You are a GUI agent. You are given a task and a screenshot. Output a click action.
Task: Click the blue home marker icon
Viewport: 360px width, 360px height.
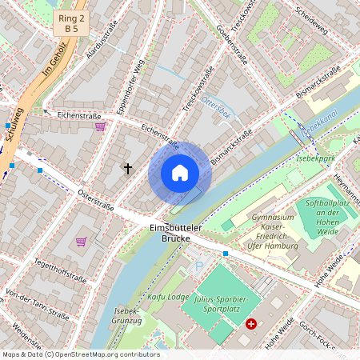click(180, 172)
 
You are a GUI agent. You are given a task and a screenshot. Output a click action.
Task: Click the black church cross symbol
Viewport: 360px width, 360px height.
click(126, 168)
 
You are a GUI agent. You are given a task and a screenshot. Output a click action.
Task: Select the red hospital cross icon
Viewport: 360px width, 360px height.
click(252, 324)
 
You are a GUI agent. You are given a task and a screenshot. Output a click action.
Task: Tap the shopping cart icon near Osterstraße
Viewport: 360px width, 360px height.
click(81, 241)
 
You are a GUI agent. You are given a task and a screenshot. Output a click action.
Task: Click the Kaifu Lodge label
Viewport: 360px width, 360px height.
click(166, 297)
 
